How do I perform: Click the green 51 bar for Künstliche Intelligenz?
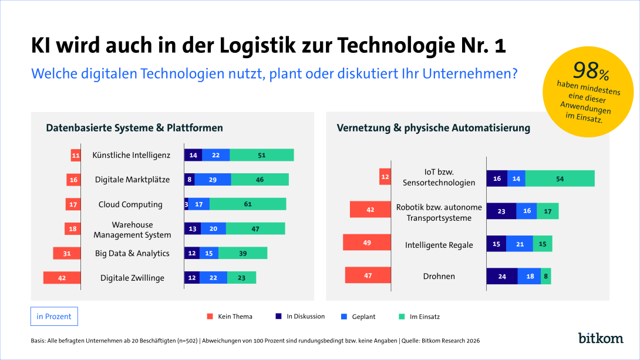pos(262,155)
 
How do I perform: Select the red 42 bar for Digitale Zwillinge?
pos(62,278)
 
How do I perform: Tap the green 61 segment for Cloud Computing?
pos(248,204)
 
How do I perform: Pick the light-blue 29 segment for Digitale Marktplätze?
pos(213,180)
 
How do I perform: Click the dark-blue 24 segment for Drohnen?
pos(502,276)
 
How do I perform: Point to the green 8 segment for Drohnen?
pos(545,276)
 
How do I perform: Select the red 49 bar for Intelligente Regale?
pos(367,243)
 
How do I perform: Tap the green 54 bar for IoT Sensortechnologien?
pos(560,179)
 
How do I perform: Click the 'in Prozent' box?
pos(54,317)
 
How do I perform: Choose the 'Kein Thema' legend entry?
pos(230,317)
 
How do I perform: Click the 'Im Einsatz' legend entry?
pos(419,317)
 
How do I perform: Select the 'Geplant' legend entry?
pos(358,317)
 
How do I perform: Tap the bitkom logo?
pos(601,338)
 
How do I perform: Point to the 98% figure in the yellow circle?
pos(591,71)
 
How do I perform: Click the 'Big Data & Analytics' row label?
pos(132,253)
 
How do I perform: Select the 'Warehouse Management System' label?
pos(132,230)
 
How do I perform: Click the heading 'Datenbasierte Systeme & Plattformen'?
pos(134,128)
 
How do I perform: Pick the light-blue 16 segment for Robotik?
pos(527,211)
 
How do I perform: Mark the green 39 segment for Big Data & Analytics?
pos(243,253)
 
